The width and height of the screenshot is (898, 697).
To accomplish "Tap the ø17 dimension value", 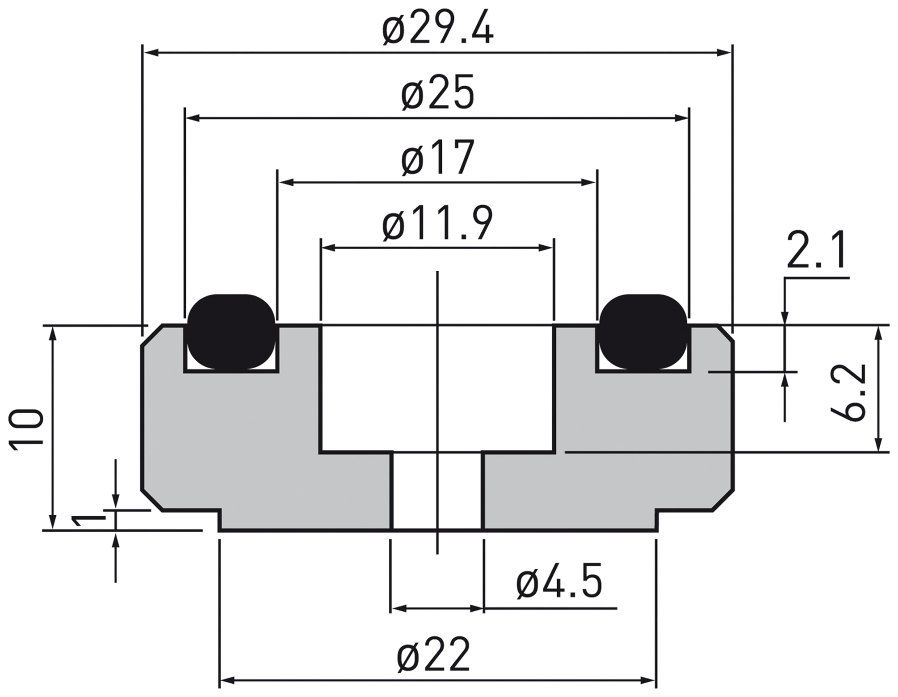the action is pyautogui.click(x=437, y=157).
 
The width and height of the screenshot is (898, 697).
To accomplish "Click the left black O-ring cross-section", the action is pyautogui.click(x=231, y=332).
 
